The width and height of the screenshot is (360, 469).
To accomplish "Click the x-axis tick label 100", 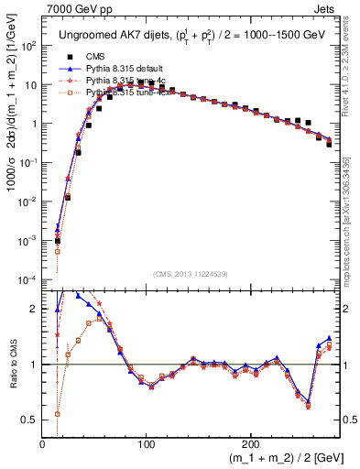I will point(145,444).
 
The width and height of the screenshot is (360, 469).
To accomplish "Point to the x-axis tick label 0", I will point(43,444).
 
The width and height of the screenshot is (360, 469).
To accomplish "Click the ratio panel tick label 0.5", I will point(28,420).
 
